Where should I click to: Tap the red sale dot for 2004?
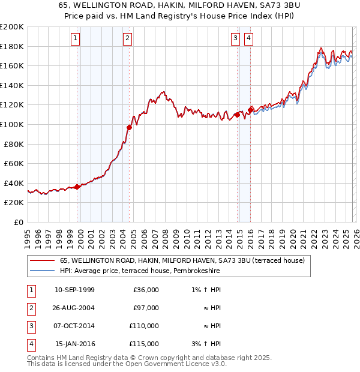click(129, 127)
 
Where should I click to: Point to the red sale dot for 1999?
click(77, 187)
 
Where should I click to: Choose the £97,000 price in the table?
click(146, 308)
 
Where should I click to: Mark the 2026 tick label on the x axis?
click(356, 236)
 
